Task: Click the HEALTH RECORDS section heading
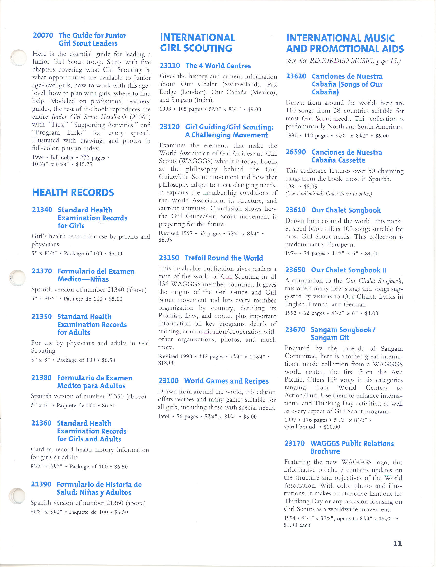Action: pyautogui.click(x=73, y=192)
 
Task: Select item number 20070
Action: pyautogui.click(x=43, y=35)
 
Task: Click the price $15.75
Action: pyautogui.click(x=84, y=164)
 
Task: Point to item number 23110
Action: pyautogui.click(x=170, y=66)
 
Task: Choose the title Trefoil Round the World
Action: pyautogui.click(x=224, y=258)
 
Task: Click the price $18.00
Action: pyautogui.click(x=166, y=363)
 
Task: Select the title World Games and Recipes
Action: pyautogui.click(x=226, y=381)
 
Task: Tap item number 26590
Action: pyautogui.click(x=296, y=152)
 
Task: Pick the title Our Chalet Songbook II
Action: pyautogui.click(x=349, y=270)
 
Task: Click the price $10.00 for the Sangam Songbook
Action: pyautogui.click(x=332, y=427)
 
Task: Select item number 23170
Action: pyautogui.click(x=295, y=443)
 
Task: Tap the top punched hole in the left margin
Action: pyautogui.click(x=19, y=57)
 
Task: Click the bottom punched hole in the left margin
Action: pyautogui.click(x=17, y=496)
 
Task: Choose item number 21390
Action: pyautogui.click(x=41, y=484)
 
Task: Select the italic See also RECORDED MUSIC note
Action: pyautogui.click(x=343, y=61)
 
